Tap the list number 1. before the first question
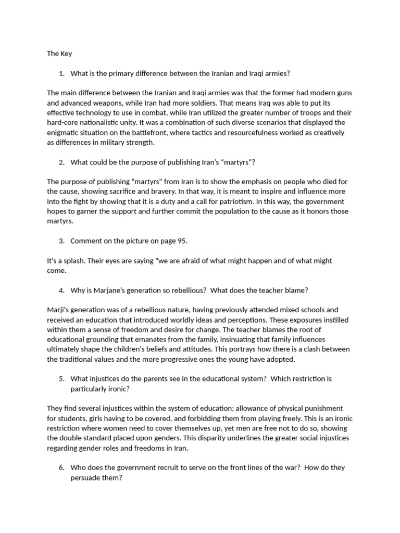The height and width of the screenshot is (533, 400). pyautogui.click(x=61, y=73)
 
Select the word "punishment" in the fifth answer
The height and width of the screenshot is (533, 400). pyautogui.click(x=321, y=408)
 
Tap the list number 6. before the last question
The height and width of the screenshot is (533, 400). pyautogui.click(x=61, y=467)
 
